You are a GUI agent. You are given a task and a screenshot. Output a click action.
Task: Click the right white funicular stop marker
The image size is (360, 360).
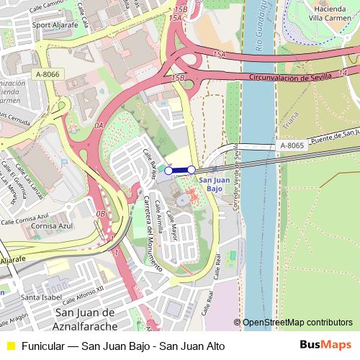pos(192,170)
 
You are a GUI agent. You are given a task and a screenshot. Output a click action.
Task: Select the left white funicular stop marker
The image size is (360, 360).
pos(169,171)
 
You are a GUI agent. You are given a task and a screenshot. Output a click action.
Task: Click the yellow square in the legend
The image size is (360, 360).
pos(9,346)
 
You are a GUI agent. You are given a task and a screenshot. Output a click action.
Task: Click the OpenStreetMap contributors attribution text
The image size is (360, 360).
pos(297,323)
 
